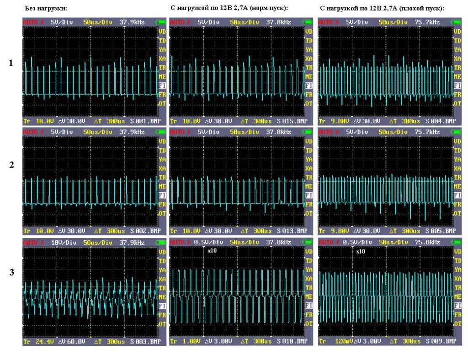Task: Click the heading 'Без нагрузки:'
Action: [45, 8]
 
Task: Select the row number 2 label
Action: [11, 165]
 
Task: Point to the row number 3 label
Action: [11, 273]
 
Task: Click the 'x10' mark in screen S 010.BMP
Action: [211, 251]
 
